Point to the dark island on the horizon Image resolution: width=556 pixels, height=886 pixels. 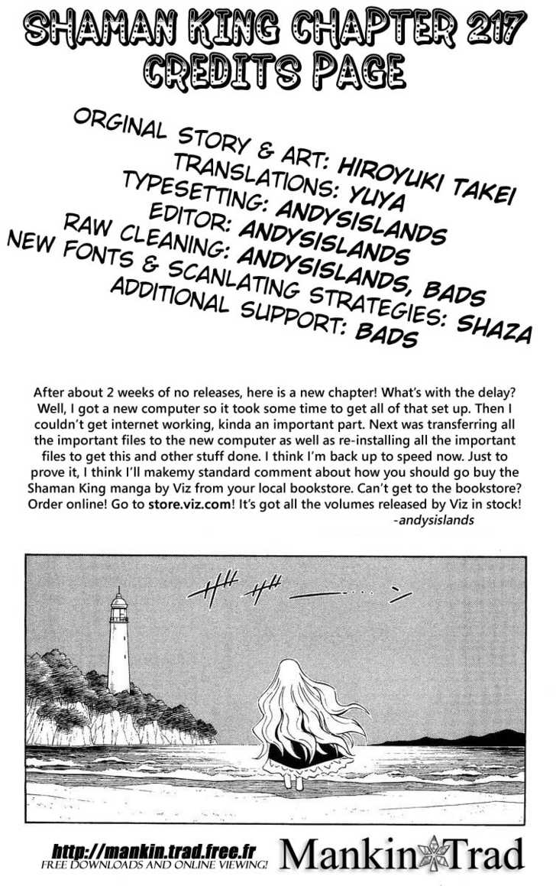click(x=458, y=738)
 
